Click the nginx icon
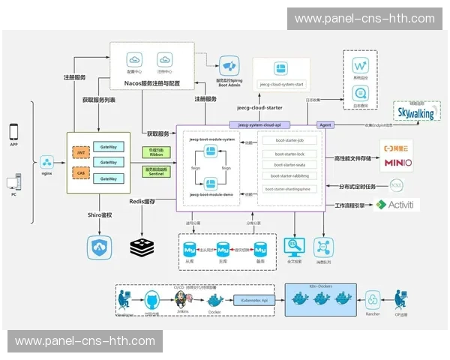46,162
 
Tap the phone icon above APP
13,131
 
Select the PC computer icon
13,182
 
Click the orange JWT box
81,152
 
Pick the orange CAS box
81,172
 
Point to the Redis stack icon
141,245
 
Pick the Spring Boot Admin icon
229,65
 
